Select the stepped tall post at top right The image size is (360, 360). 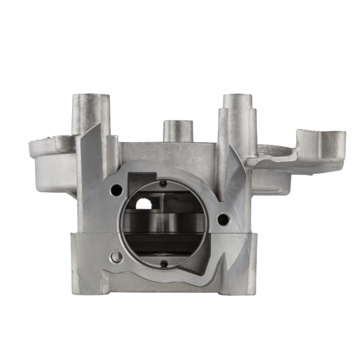(x=238, y=120)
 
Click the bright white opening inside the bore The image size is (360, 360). (x=145, y=204)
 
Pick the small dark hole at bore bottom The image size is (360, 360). (x=164, y=262)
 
